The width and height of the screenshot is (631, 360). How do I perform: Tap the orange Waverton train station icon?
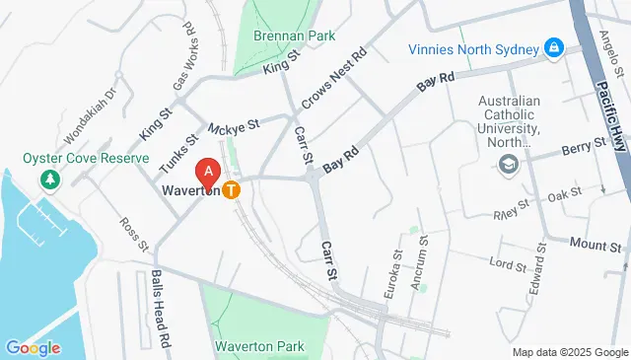click(x=232, y=189)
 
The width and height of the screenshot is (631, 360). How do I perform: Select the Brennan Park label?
click(x=288, y=36)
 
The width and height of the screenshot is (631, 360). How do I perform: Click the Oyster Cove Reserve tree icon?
click(x=46, y=179)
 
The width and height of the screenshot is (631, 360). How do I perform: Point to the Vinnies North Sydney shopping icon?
click(x=554, y=47)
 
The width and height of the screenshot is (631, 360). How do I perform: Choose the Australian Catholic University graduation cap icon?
click(x=509, y=164)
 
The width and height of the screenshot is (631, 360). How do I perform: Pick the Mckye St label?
click(x=233, y=126)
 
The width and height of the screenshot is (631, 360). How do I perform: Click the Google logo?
click(x=33, y=347)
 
